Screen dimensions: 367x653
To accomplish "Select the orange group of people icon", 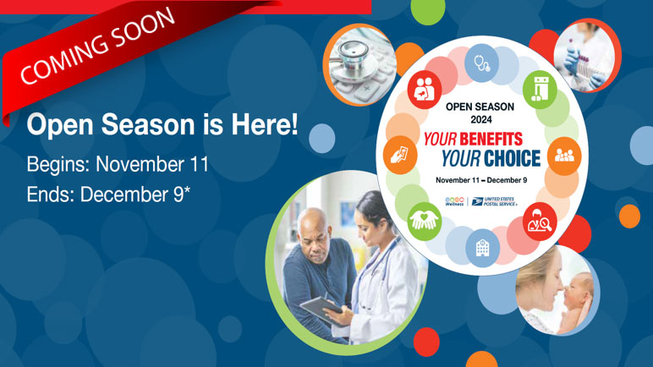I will point(562,156).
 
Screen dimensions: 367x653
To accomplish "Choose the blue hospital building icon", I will point(483,247).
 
